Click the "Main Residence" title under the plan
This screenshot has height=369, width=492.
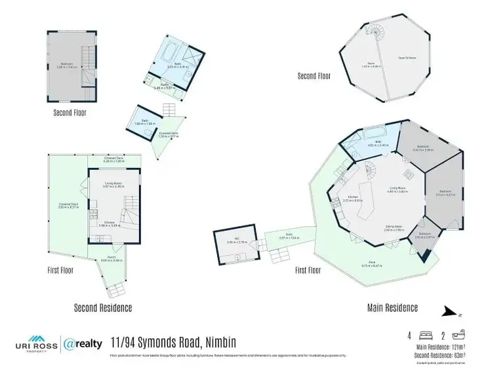pos(392,307)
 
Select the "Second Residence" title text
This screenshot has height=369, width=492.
pos(103,307)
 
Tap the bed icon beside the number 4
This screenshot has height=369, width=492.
pos(424,334)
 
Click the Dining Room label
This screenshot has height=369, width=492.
pos(394,228)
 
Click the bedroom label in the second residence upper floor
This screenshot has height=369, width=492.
pos(66,66)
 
